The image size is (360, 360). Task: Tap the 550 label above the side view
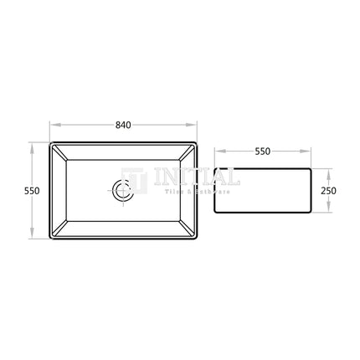pyautogui.click(x=262, y=153)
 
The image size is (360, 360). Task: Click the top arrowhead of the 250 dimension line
pyautogui.click(x=328, y=169)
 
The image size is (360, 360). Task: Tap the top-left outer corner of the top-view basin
pyautogui.click(x=51, y=141)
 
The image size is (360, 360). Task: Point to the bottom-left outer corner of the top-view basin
pyautogui.click(x=51, y=241)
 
